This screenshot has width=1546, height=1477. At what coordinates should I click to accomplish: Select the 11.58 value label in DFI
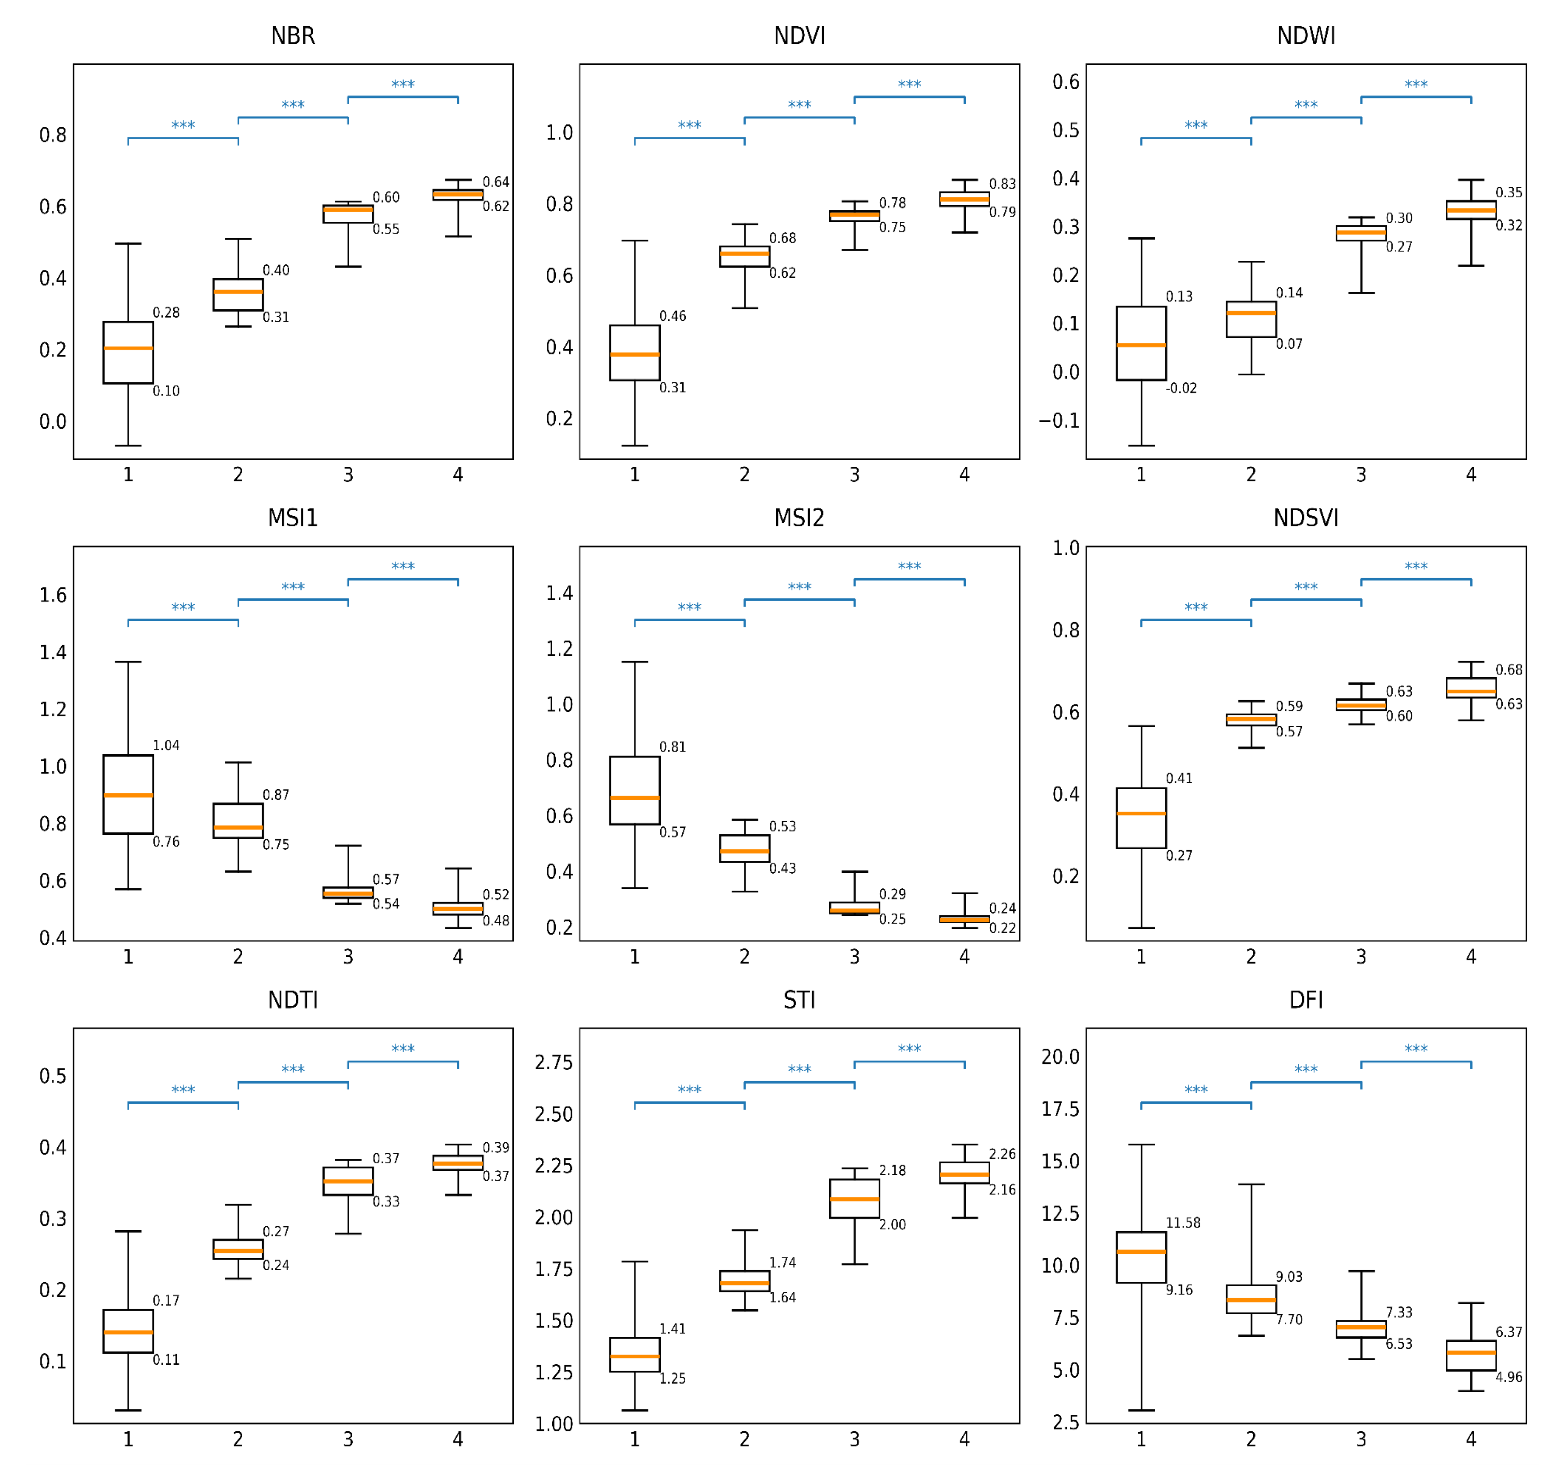coord(1182,1223)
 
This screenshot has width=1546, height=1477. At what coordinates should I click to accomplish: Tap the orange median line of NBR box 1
coord(128,348)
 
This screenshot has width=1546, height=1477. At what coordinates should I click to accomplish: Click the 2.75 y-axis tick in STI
coord(554,1062)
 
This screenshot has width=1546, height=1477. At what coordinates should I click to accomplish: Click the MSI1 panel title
coord(292,518)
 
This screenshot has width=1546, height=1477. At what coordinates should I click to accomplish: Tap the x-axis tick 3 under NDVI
coord(854,475)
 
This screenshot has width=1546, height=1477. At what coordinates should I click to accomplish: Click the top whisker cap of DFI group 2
coord(1251,1185)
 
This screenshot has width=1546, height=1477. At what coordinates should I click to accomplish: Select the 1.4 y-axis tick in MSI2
coord(559,593)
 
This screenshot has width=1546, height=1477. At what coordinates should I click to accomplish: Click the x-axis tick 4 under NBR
coord(458,475)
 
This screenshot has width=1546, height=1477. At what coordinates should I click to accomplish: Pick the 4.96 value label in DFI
coord(1508,1377)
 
